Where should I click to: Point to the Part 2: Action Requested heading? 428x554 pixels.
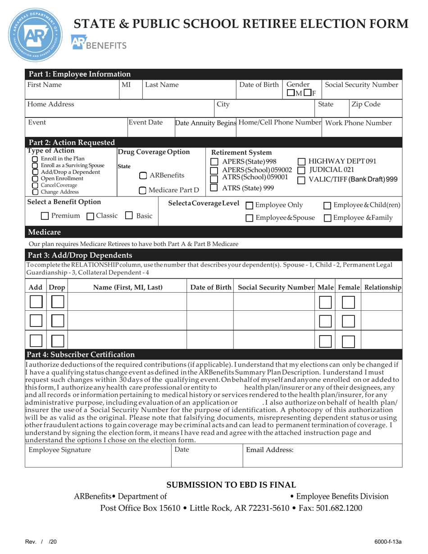[72, 143]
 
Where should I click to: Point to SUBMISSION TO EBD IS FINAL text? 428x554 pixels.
[232, 485]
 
